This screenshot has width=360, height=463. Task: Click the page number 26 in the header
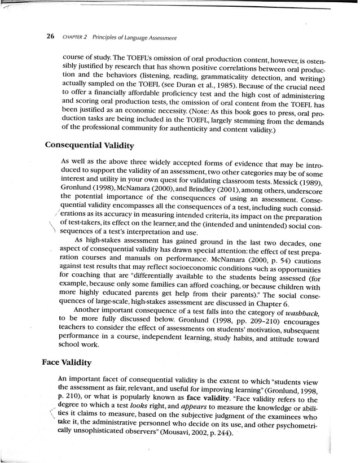coord(50,38)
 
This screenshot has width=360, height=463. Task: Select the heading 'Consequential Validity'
coord(89,146)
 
